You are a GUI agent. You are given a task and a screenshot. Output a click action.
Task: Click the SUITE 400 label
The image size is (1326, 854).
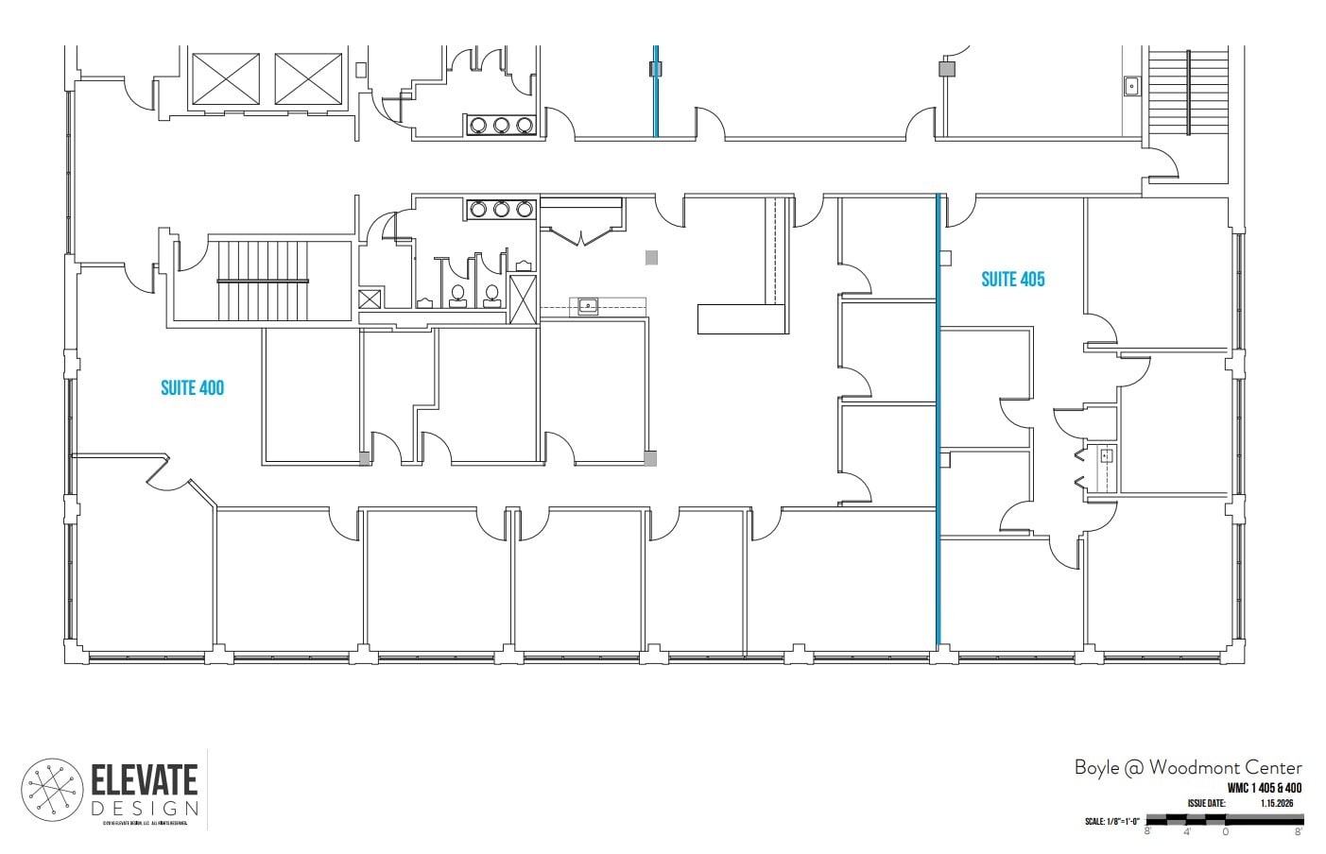(192, 387)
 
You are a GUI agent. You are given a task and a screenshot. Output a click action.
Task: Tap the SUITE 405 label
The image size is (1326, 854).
(1012, 279)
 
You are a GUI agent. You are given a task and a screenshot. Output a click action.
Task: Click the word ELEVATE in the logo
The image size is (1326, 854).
(145, 780)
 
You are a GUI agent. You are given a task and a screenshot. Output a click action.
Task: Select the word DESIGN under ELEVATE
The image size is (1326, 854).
(145, 809)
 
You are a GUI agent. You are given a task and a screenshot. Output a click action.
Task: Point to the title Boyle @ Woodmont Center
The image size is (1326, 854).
(1187, 767)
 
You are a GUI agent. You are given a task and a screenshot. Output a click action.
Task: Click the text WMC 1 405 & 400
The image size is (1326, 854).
(1264, 788)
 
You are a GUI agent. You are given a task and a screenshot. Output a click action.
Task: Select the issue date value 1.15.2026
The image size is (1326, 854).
(1276, 803)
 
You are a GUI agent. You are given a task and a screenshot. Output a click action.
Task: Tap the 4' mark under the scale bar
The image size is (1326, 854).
(1186, 831)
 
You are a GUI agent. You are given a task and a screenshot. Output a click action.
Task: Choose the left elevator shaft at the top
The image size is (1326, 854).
(226, 78)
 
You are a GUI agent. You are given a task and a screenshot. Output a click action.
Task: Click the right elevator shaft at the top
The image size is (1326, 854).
(308, 78)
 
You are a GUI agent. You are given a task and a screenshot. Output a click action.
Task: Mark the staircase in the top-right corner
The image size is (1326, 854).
(1188, 92)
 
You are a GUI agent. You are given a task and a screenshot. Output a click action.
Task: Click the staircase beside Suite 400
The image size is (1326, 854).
(264, 282)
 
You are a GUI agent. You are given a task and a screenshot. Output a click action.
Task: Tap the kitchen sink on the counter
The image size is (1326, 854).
(588, 304)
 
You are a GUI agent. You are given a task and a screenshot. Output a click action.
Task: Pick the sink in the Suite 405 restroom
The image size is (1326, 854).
(1107, 456)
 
